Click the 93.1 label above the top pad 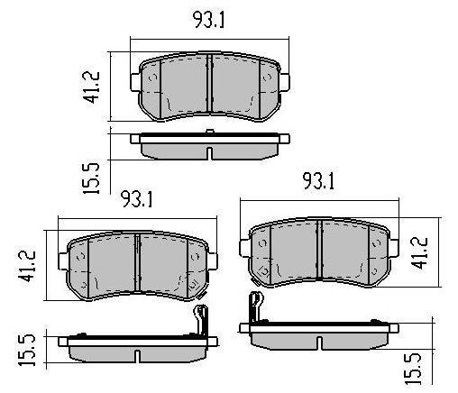(x=208, y=20)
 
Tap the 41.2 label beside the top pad (x=93, y=87)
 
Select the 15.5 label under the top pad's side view (x=91, y=178)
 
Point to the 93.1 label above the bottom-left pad (x=137, y=199)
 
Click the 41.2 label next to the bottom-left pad (x=28, y=266)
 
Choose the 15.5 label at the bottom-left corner (x=27, y=351)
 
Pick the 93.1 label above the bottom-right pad (x=318, y=181)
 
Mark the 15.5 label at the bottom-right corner (x=413, y=369)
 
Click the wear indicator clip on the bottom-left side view (x=201, y=320)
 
